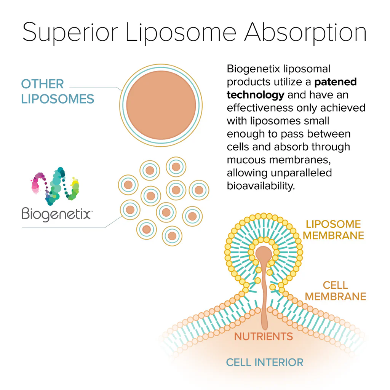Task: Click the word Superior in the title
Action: [70, 33]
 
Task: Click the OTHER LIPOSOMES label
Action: [57, 91]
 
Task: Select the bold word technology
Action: [255, 94]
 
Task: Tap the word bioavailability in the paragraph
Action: [261, 186]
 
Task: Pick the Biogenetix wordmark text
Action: [56, 214]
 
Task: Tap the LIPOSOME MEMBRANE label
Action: [333, 230]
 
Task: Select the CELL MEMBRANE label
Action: [336, 291]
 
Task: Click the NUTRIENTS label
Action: [263, 337]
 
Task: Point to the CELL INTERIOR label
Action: [265, 362]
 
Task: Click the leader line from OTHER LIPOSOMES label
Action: [95, 87]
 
